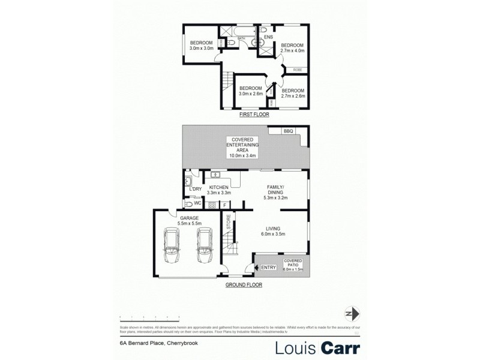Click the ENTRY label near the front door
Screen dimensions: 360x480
269,267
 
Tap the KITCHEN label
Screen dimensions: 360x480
219,188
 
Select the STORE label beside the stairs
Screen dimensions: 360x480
229,221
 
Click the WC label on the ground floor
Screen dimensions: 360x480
197,203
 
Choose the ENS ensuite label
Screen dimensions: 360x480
268,37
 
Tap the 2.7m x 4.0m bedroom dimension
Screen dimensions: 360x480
293,52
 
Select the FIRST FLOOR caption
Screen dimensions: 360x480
254,114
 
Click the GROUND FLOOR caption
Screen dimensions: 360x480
244,286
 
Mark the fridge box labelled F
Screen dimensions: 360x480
224,205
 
